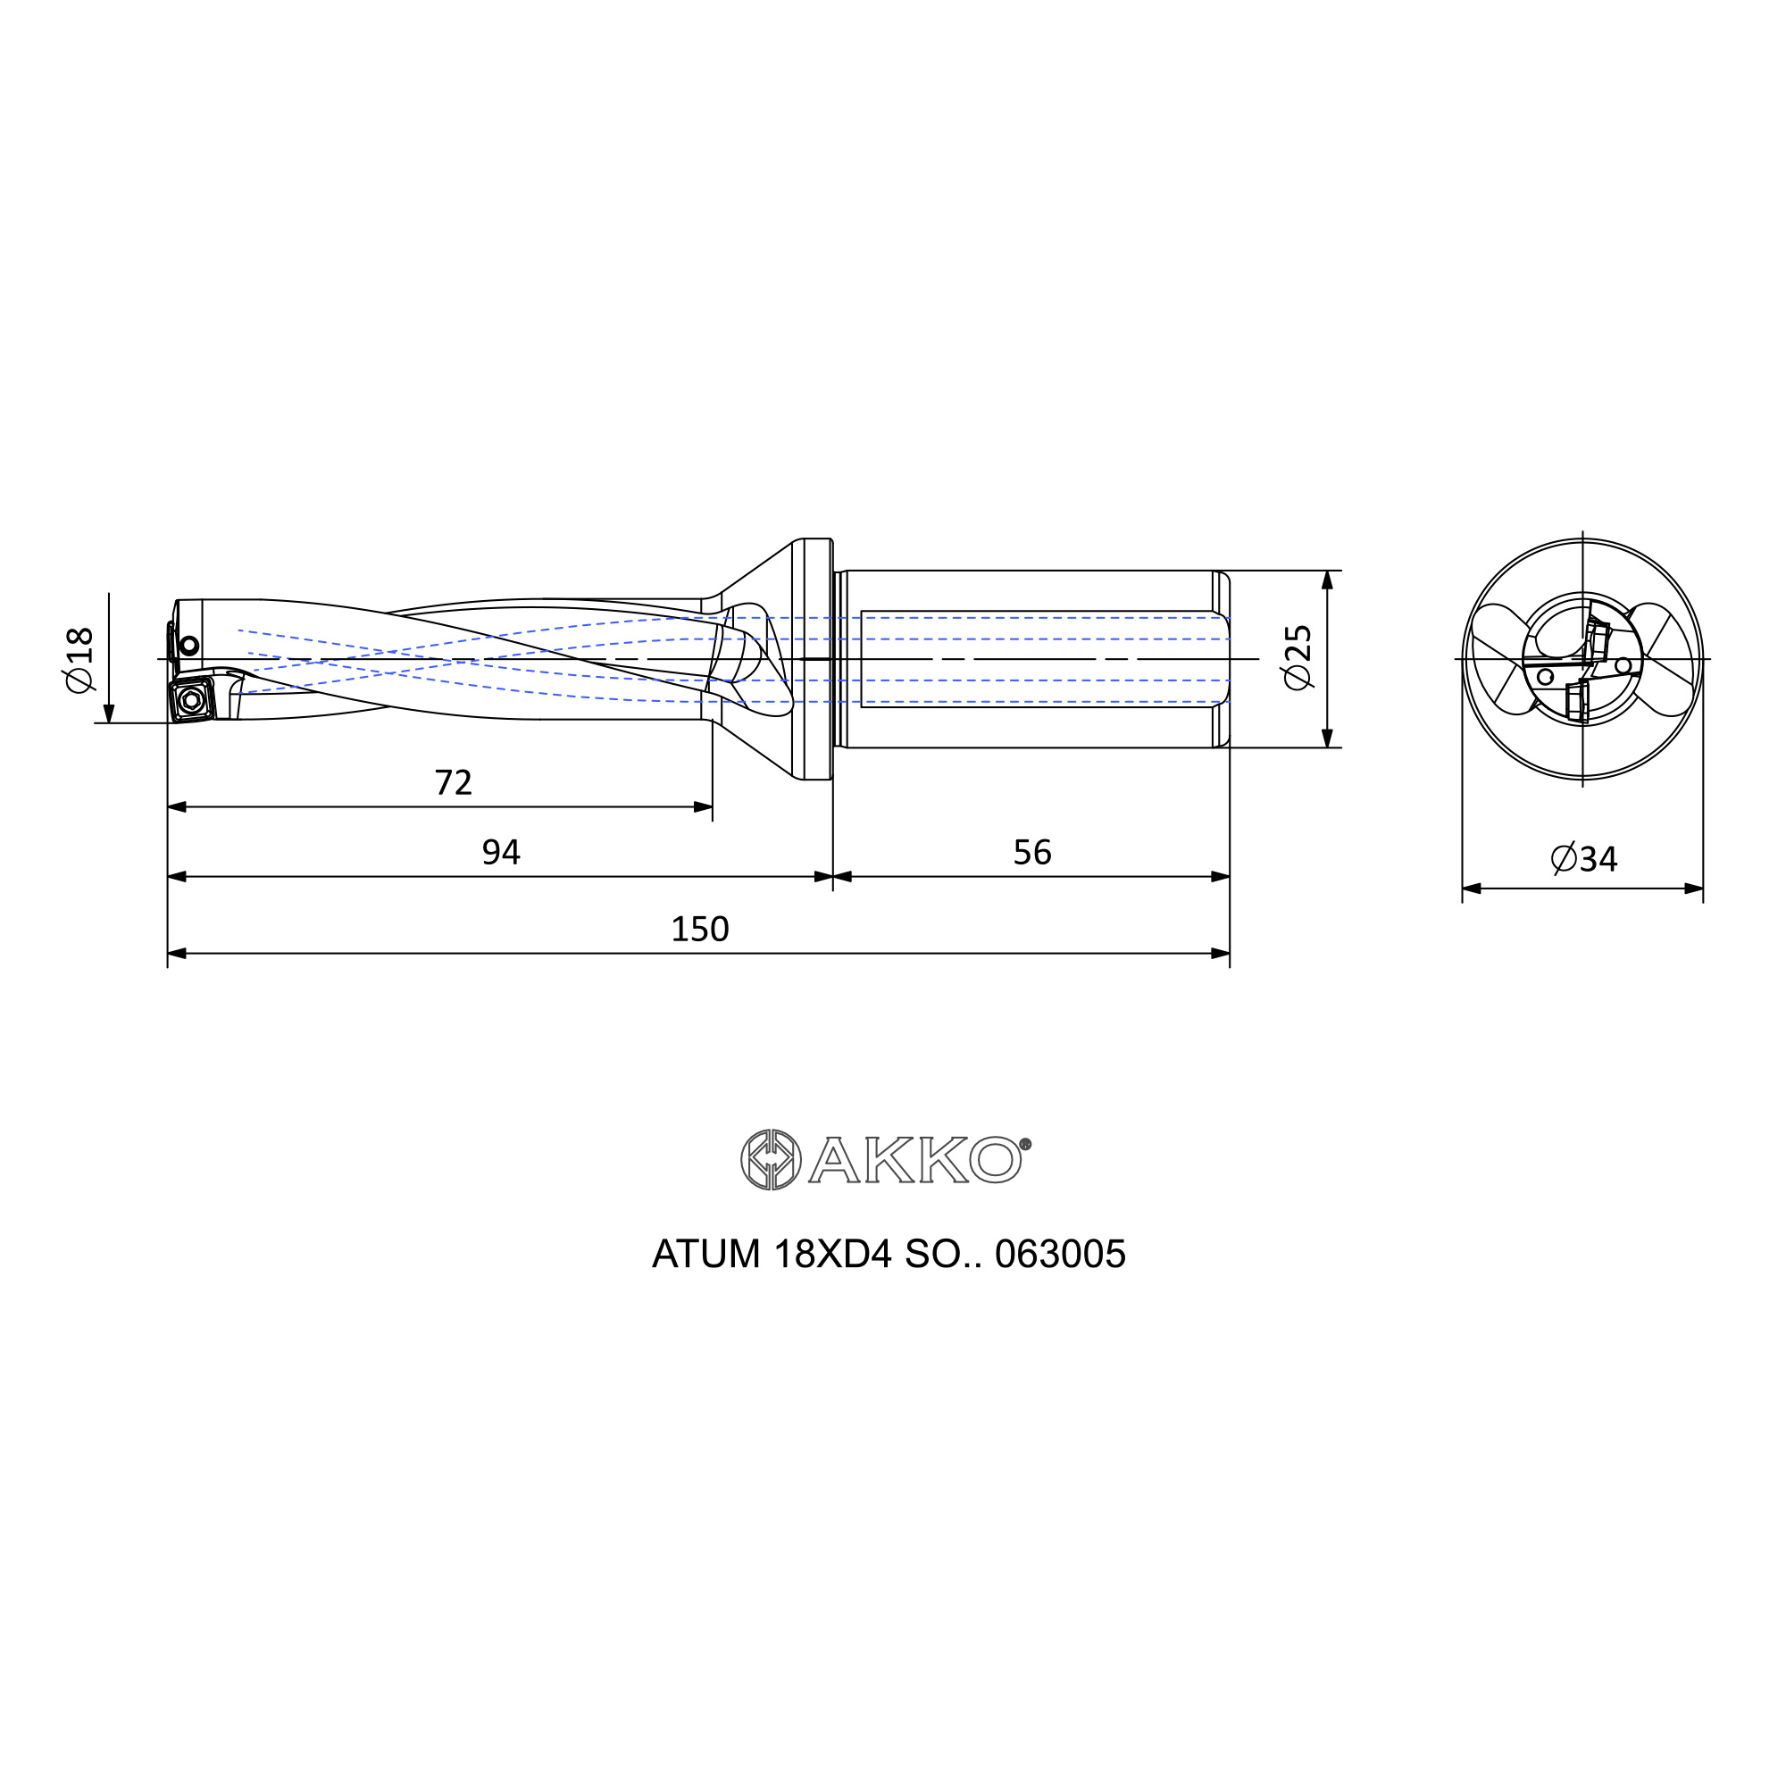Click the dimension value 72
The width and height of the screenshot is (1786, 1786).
pyautogui.click(x=453, y=783)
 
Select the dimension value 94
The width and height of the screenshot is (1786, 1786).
pyautogui.click(x=501, y=852)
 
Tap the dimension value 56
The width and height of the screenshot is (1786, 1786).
pyautogui.click(x=1031, y=852)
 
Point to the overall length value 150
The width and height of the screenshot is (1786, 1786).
pyautogui.click(x=700, y=929)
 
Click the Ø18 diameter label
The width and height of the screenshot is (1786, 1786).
pyautogui.click(x=80, y=659)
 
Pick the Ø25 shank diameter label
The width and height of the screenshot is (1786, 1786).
pyautogui.click(x=1298, y=657)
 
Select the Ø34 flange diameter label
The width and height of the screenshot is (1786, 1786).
pyautogui.click(x=1583, y=860)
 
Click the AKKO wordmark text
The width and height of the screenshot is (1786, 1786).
pyautogui.click(x=915, y=1159)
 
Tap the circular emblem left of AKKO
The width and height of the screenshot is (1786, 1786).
pyautogui.click(x=771, y=1159)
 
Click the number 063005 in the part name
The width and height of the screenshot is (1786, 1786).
pyautogui.click(x=1060, y=1255)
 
